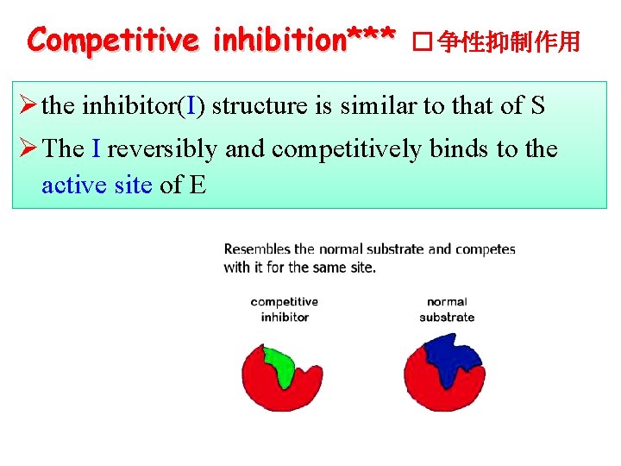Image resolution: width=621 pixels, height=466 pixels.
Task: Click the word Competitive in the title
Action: pyautogui.click(x=111, y=39)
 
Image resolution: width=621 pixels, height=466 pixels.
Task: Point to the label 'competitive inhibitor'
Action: pyautogui.click(x=284, y=309)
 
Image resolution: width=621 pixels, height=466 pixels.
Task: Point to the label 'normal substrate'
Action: pyautogui.click(x=447, y=309)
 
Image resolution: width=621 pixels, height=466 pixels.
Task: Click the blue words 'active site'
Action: pyautogui.click(x=97, y=185)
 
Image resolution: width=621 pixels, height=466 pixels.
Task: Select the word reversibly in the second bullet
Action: pyautogui.click(x=162, y=149)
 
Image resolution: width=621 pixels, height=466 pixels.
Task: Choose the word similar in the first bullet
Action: pyautogui.click(x=375, y=106)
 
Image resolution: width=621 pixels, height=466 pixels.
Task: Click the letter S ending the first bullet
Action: pyautogui.click(x=536, y=106)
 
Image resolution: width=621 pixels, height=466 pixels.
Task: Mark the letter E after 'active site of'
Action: pyautogui.click(x=197, y=185)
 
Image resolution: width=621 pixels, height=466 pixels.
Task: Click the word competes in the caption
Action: pyautogui.click(x=485, y=249)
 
